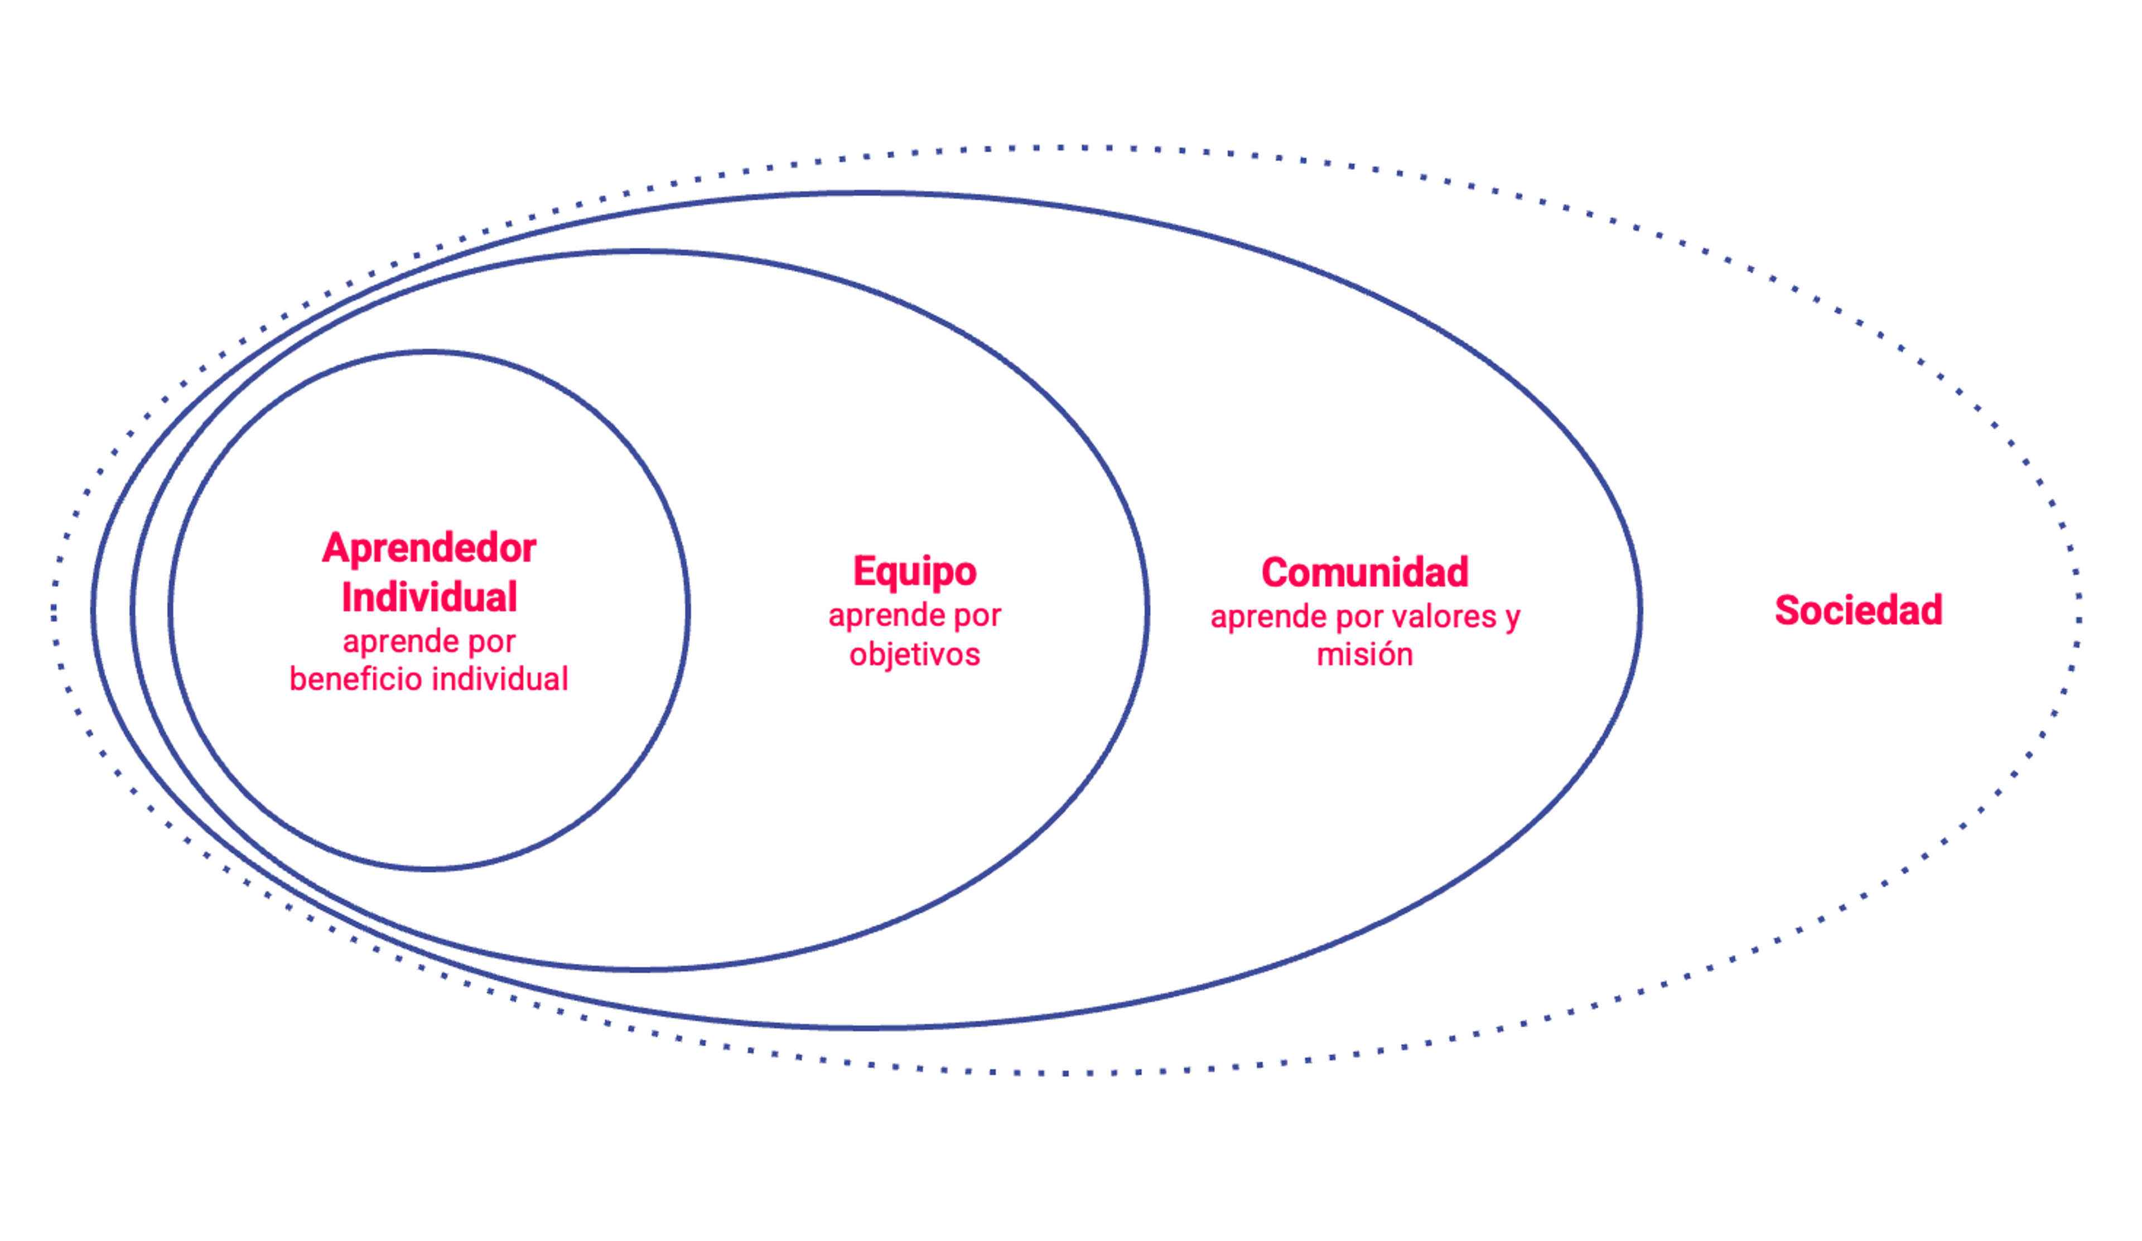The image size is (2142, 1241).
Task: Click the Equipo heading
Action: (915, 572)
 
